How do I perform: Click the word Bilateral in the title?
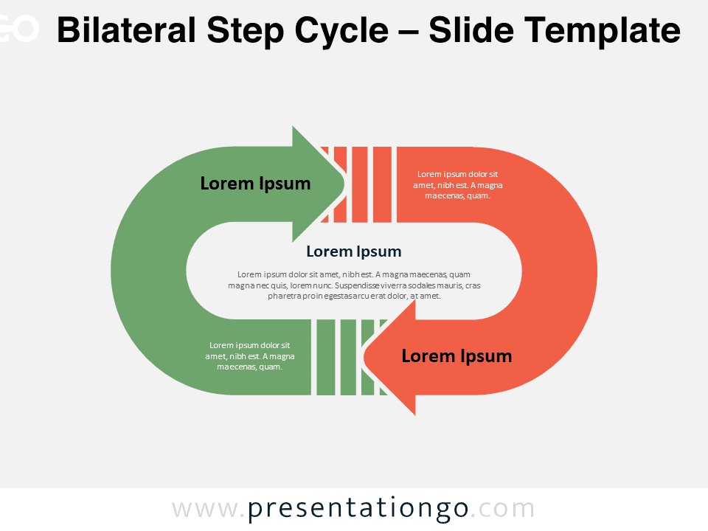click(x=126, y=30)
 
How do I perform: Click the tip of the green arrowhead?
click(x=345, y=184)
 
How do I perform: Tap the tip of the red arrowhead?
click(x=364, y=357)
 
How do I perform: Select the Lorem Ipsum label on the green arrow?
click(x=256, y=184)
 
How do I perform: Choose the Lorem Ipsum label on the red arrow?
click(x=457, y=356)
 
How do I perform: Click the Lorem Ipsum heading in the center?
click(x=353, y=251)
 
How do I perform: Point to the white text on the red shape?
click(x=457, y=185)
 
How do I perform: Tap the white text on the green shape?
click(x=250, y=355)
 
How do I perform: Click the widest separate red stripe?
click(x=382, y=184)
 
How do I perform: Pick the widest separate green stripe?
click(x=325, y=357)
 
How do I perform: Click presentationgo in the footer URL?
click(x=358, y=509)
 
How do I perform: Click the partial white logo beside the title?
click(x=19, y=29)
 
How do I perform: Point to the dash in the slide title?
click(x=409, y=32)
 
